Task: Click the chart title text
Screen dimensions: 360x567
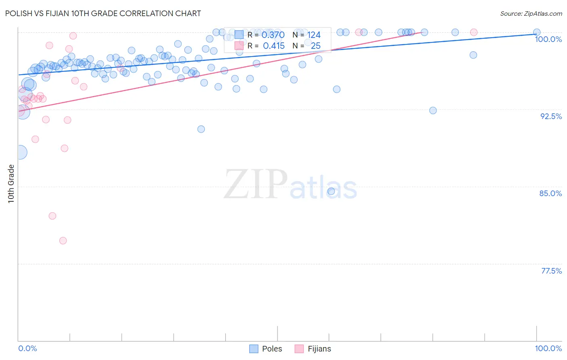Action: [103, 13]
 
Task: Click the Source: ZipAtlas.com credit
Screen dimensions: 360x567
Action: [531, 14]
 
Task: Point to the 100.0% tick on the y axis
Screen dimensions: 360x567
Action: [548, 39]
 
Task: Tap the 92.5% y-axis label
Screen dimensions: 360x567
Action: [551, 116]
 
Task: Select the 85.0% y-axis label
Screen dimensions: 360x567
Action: [550, 193]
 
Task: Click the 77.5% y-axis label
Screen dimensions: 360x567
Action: [551, 271]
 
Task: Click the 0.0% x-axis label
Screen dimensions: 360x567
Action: [28, 348]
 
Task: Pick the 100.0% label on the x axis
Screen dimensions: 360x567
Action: [548, 348]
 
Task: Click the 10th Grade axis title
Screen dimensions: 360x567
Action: [11, 184]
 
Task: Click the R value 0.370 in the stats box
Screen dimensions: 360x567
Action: [273, 35]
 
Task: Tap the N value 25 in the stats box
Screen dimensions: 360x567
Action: [315, 46]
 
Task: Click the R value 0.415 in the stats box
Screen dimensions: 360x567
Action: [273, 46]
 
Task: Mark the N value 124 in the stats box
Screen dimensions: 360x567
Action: [314, 35]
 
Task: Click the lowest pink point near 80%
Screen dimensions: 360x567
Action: [63, 241]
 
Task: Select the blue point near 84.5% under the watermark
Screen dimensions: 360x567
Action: [331, 191]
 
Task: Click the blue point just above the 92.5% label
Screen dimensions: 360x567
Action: [433, 111]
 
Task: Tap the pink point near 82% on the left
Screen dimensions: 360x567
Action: [52, 216]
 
